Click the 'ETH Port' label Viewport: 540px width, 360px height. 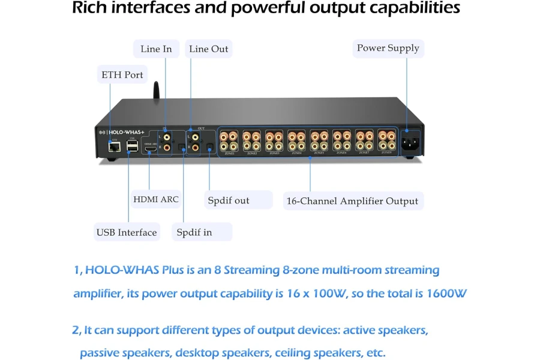[122, 75]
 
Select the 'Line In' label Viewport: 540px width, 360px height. [156, 49]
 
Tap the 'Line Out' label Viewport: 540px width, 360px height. [208, 49]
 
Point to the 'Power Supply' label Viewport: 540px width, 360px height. [388, 48]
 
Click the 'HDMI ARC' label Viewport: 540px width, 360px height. [155, 199]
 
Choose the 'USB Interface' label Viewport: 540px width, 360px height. [127, 232]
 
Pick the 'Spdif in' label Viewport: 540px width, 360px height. [194, 232]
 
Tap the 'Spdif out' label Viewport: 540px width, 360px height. [228, 200]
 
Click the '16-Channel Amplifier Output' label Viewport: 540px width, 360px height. [352, 201]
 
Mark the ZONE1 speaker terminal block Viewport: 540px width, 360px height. [230, 142]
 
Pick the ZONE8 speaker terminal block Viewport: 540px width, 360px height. [386, 141]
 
